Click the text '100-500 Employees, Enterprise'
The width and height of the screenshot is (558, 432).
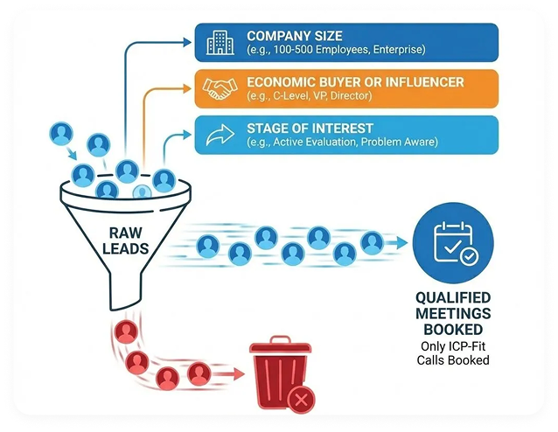[335, 52]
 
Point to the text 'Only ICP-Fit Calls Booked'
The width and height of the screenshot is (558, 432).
[453, 353]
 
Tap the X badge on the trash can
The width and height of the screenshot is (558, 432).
[301, 401]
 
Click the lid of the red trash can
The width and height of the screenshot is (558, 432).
[280, 346]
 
